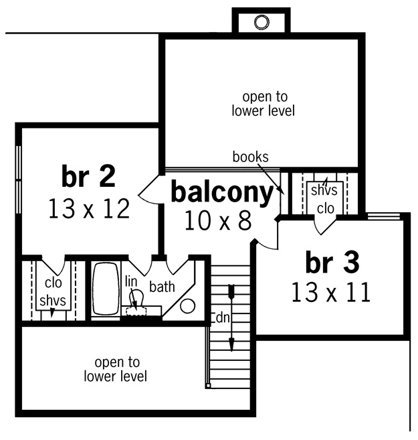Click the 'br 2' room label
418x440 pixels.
(x=88, y=176)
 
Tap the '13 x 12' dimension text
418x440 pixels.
(x=89, y=208)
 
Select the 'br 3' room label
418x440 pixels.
(x=332, y=262)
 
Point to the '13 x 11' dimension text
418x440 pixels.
(x=331, y=292)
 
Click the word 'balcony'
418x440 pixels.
(x=222, y=193)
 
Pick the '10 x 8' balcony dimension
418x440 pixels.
(x=219, y=221)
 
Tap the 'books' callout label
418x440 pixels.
(x=250, y=157)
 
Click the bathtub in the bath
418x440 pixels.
(x=106, y=289)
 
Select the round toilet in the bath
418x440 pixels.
(x=187, y=306)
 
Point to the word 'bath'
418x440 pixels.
(x=163, y=287)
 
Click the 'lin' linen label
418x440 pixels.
(x=131, y=281)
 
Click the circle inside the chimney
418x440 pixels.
(x=262, y=22)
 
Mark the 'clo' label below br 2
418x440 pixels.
(x=54, y=283)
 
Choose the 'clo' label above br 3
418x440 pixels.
(x=326, y=208)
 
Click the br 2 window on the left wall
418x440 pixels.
(x=19, y=179)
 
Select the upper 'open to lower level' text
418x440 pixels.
(x=264, y=104)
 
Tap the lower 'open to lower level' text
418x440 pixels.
(x=116, y=369)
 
